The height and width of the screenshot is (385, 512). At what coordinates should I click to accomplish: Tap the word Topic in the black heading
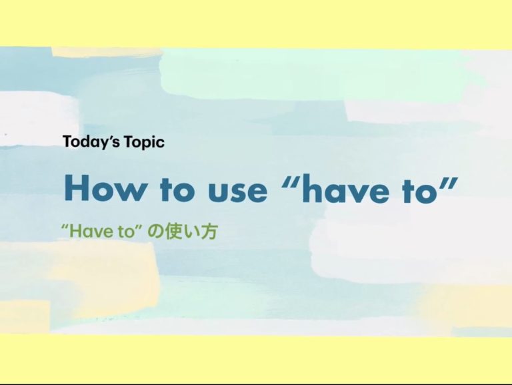[144, 143]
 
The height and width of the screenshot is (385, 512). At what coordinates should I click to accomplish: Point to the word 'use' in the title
[237, 191]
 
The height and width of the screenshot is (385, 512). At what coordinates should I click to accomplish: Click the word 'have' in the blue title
[345, 188]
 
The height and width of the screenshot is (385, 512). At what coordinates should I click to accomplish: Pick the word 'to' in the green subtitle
[127, 232]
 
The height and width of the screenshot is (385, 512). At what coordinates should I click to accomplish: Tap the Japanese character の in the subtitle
[155, 232]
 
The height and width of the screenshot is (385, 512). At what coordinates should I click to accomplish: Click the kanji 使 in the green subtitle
[172, 232]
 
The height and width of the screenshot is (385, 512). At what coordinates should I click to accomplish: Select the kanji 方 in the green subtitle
[209, 232]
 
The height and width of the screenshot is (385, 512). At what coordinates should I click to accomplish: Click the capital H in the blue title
[77, 187]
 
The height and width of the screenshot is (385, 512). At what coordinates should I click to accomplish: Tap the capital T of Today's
[67, 141]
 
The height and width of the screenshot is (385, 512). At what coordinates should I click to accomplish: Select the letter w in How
[130, 191]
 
